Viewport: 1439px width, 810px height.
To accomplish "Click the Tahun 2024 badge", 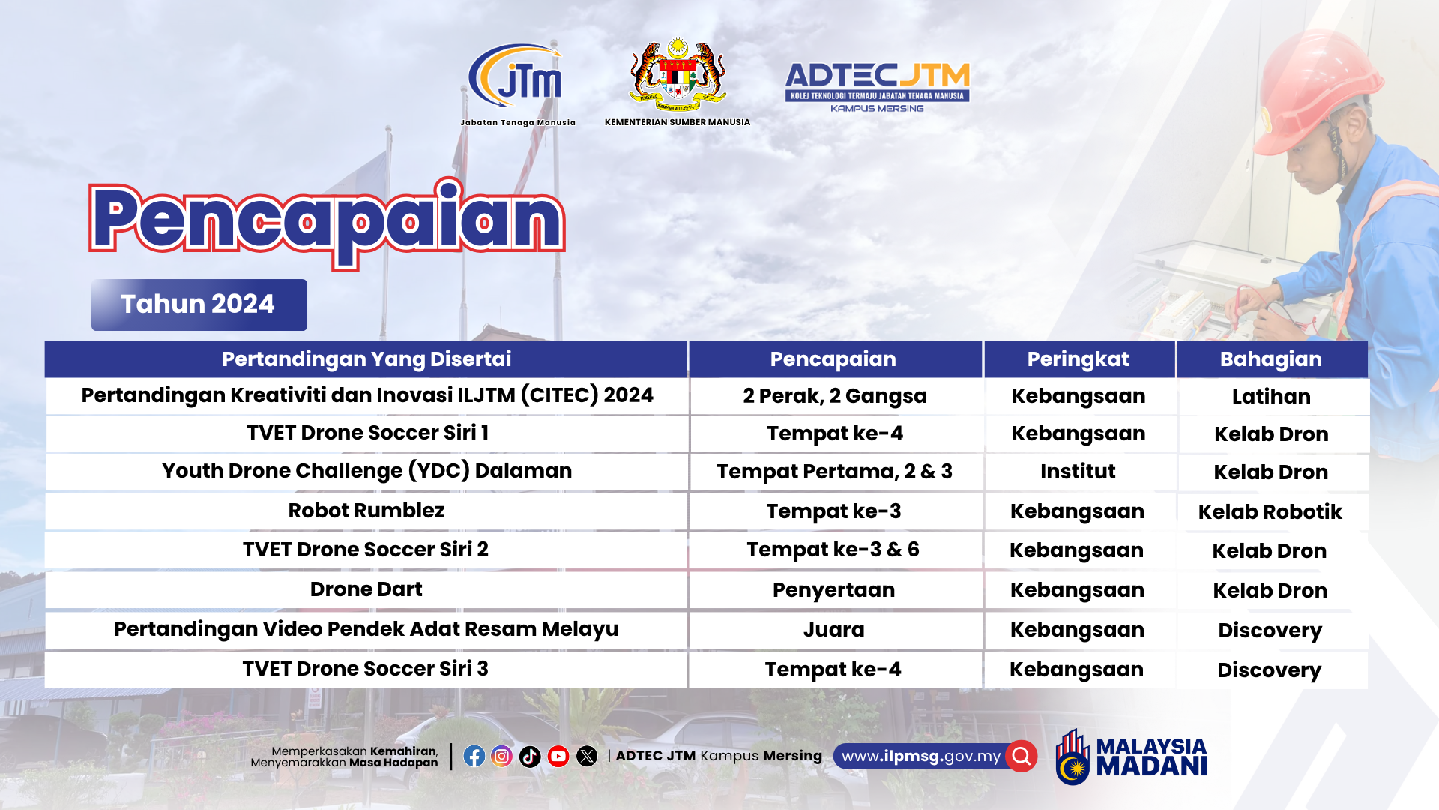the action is point(199,304).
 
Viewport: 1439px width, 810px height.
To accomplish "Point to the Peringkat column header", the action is point(1079,359).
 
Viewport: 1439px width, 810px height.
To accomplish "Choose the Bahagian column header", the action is point(1272,359).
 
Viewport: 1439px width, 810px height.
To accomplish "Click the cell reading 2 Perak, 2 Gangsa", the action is point(835,396).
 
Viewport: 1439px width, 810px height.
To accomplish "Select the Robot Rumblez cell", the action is point(366,511).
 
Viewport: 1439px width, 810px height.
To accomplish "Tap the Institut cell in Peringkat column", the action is point(1078,472).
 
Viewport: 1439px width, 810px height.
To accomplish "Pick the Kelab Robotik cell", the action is point(1270,512).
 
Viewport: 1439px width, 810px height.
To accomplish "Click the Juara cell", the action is point(834,630).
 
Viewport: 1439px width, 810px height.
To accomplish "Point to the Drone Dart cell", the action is point(366,589).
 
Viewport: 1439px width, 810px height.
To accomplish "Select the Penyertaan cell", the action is point(834,590).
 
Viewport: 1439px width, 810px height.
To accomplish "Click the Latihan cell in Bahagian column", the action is point(1272,397).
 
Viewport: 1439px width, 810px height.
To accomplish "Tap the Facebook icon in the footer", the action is point(474,756).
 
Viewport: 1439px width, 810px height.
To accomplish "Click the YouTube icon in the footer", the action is point(558,756).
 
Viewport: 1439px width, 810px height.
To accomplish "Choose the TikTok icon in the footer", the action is point(530,756).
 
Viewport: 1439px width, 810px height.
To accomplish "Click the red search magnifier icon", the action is point(1022,756).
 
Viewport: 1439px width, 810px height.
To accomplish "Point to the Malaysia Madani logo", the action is point(1132,757).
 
